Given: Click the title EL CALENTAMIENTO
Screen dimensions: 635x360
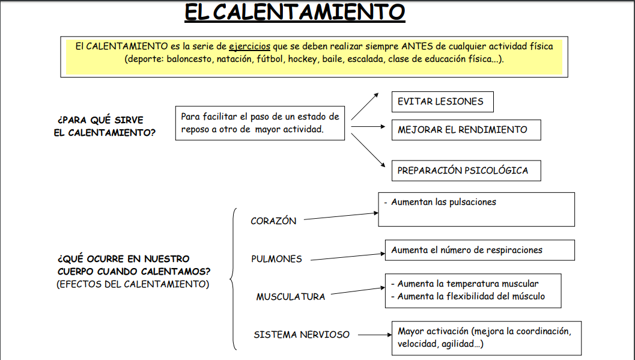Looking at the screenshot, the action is point(295,12).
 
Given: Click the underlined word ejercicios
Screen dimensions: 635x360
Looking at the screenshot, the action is point(249,46).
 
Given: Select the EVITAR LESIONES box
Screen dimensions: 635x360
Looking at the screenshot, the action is point(443,102).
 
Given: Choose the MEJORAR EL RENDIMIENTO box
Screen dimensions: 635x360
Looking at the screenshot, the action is point(466,130).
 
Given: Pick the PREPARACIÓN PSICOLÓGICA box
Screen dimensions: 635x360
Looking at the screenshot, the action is point(466,171).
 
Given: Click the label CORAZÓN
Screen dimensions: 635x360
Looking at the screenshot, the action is point(273,221).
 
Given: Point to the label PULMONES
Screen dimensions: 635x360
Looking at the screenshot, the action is point(276,259).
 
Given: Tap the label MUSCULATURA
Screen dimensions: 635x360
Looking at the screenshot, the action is point(291,297).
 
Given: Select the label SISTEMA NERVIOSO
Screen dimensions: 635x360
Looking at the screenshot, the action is point(302,335).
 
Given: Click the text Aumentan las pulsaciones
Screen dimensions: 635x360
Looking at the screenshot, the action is point(443,202).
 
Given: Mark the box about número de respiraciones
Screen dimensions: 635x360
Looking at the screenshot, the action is point(479,250).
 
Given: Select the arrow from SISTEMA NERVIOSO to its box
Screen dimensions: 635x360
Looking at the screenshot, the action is point(375,335).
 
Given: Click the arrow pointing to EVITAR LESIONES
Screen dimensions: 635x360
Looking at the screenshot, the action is point(365,106).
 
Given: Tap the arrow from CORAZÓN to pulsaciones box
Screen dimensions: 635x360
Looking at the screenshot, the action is point(341,216).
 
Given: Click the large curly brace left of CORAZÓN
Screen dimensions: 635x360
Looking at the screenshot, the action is point(233,279).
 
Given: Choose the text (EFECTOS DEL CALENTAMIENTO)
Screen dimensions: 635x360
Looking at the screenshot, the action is point(133,284).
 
